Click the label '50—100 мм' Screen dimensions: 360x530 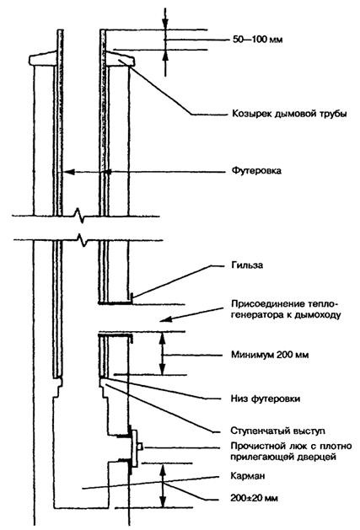[257, 40]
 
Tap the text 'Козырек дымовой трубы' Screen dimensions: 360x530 [289, 114]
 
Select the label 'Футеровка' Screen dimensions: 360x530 [256, 171]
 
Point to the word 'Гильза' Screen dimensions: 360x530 [247, 265]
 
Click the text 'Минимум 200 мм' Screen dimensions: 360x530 [270, 355]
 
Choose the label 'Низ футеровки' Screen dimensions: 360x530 [266, 399]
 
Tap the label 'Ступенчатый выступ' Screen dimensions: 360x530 [277, 431]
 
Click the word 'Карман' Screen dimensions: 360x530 [248, 476]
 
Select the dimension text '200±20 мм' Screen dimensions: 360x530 [255, 498]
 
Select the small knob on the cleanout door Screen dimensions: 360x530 [140, 447]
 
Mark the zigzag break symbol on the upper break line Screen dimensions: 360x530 [79, 216]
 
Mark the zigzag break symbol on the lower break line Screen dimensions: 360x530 [82, 240]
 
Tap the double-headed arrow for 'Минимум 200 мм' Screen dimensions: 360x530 [163, 353]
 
